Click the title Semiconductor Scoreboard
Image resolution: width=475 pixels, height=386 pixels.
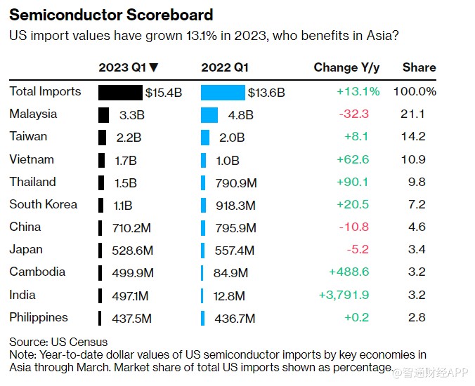pos(111,15)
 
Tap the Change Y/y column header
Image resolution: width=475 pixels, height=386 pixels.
pos(346,67)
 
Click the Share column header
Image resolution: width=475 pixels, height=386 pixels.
pos(419,67)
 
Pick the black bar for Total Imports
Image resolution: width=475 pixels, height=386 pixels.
pos(120,92)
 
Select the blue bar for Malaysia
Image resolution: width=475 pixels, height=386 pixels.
pos(209,114)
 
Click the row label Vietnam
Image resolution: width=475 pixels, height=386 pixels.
pos(32,159)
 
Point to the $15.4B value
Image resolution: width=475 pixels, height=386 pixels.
pos(163,92)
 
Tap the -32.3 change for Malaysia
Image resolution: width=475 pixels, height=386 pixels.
pos(363,114)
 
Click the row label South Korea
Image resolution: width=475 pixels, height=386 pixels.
pos(44,204)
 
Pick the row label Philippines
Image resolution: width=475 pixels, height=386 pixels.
pos(39,317)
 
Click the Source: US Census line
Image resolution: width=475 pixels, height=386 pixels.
pos(58,342)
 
